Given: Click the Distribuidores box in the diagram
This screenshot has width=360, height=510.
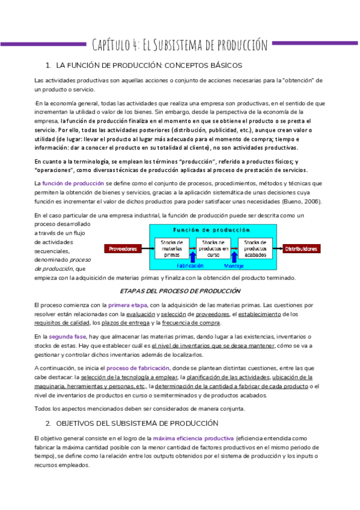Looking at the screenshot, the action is pyautogui.click(x=302, y=248).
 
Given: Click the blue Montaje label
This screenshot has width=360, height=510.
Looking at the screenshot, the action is pyautogui.click(x=234, y=265).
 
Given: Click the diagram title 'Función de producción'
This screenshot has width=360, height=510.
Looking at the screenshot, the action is pyautogui.click(x=212, y=230).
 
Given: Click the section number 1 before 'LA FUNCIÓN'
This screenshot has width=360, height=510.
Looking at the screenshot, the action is pyautogui.click(x=47, y=65).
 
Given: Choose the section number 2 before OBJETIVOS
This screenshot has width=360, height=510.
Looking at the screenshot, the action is pyautogui.click(x=47, y=423).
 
